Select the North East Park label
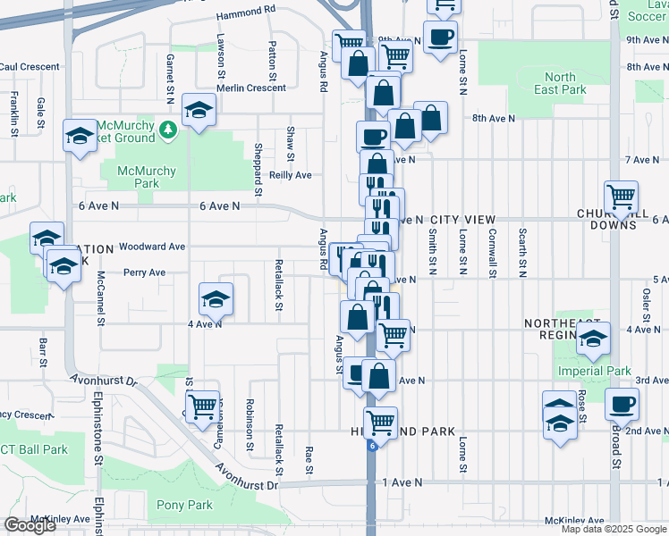560,83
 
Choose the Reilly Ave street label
291,175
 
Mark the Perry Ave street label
144,272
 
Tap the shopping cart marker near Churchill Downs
621,197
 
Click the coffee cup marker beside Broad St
622,403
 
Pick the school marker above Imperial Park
592,338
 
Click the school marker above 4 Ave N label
216,299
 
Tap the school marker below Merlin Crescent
198,110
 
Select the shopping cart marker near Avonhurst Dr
203,406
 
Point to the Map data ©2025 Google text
613,529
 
